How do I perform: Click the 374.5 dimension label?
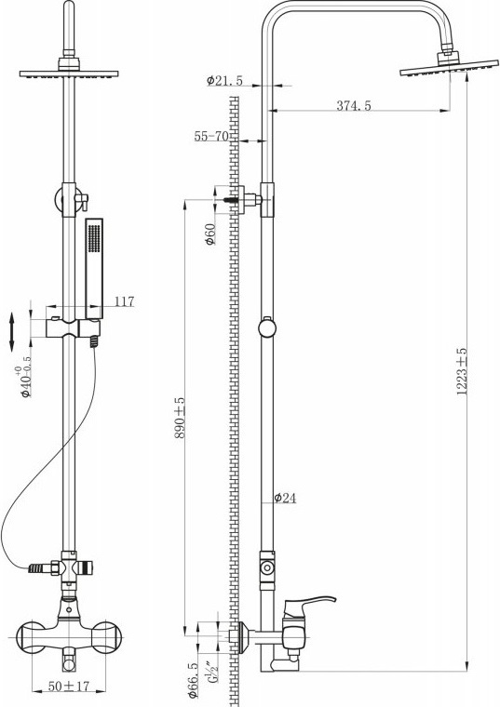[353, 105]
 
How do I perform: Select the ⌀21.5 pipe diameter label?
[224, 81]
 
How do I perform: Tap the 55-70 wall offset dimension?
[211, 136]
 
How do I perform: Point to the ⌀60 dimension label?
[210, 234]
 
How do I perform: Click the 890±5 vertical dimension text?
[180, 418]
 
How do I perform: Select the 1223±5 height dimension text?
[461, 371]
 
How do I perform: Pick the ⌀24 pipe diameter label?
[285, 498]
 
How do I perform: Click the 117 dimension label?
[124, 301]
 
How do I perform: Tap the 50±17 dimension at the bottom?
[69, 687]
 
